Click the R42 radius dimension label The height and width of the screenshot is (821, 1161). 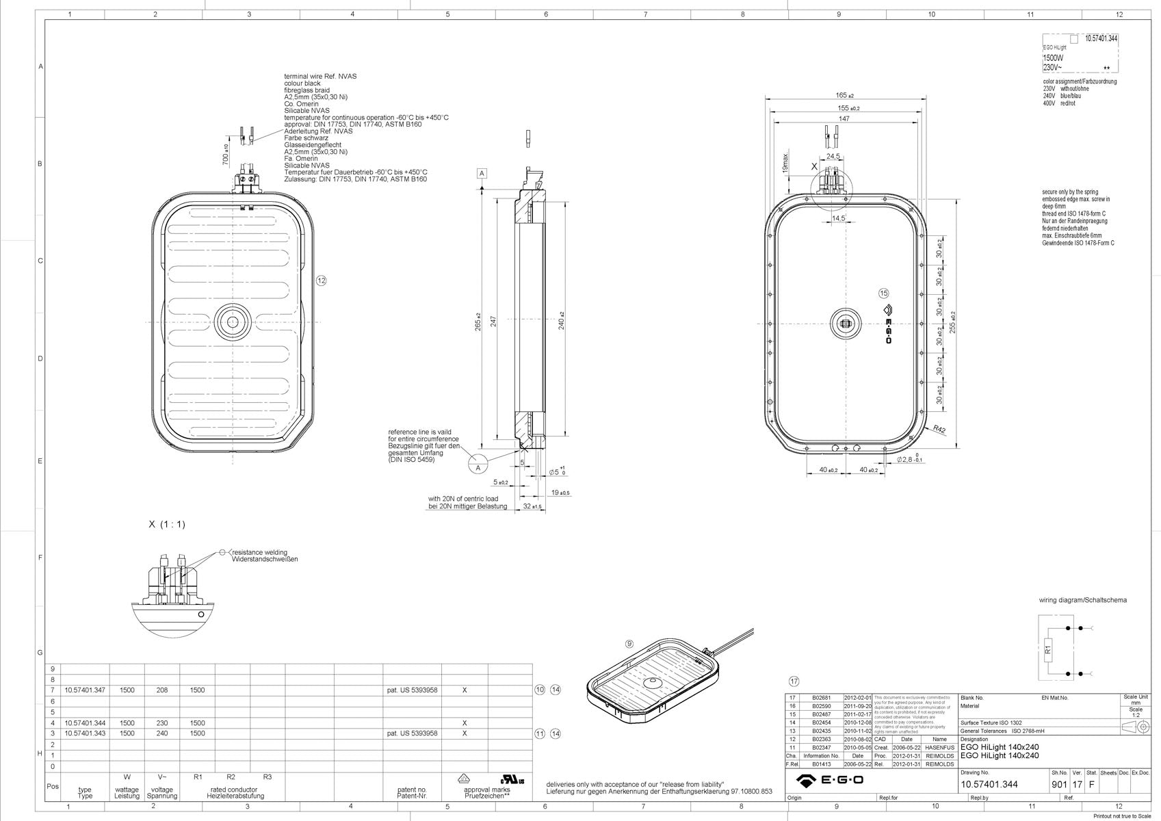(x=939, y=430)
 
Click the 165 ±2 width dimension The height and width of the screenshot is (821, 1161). (x=844, y=96)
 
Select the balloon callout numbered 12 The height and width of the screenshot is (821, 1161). (x=322, y=281)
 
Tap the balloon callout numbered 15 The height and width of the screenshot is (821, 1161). (x=884, y=294)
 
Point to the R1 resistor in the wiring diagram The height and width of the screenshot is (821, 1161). (x=1047, y=647)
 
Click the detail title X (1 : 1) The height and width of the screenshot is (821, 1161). (x=167, y=525)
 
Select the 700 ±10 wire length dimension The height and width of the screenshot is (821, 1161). (x=226, y=155)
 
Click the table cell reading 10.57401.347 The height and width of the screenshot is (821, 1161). (x=85, y=690)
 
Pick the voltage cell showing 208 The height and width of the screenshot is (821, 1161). (x=162, y=690)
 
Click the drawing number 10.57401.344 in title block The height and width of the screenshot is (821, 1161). (x=989, y=785)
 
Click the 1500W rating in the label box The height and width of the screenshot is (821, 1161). (x=1053, y=58)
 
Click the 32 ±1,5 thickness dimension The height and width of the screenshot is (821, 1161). (x=532, y=506)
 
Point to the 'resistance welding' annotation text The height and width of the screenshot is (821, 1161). (x=260, y=552)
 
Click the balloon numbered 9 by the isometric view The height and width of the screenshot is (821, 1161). (x=629, y=644)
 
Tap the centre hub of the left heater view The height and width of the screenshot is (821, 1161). (x=233, y=322)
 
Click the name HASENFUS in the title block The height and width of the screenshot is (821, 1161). (x=939, y=748)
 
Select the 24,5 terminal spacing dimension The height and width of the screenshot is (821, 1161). (x=833, y=157)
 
